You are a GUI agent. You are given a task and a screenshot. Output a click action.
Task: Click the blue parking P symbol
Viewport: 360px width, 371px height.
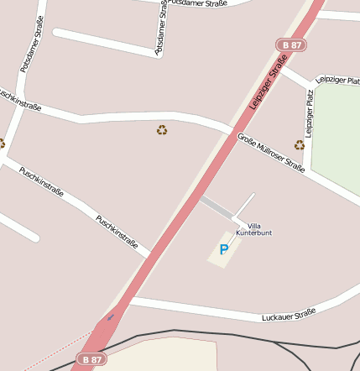click(223, 249)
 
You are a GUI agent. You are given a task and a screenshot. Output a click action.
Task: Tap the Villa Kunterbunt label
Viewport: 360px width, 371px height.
click(253, 227)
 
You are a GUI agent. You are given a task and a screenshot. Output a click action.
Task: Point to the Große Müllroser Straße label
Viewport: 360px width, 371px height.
click(270, 154)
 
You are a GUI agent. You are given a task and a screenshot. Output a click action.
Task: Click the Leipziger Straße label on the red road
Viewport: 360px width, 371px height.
click(269, 81)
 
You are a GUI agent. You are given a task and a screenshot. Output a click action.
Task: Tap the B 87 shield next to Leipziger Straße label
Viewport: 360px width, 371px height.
click(290, 44)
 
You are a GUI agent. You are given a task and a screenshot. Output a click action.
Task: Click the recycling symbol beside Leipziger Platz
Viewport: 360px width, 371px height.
click(300, 145)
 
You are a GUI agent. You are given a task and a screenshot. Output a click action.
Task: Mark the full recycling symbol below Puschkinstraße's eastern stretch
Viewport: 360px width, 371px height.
click(162, 130)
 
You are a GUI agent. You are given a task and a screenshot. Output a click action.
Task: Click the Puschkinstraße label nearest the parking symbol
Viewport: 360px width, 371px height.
click(117, 232)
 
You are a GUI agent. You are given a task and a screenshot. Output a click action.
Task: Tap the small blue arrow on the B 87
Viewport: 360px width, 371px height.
click(110, 317)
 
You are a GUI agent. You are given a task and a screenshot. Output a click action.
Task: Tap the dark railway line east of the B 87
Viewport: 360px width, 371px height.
click(252, 338)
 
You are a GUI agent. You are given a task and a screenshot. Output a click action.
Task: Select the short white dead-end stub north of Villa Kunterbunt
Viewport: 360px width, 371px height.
click(243, 207)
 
